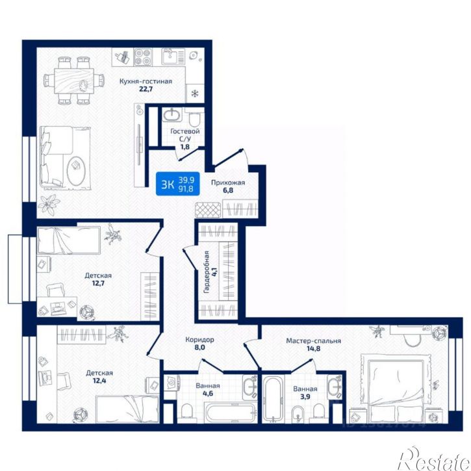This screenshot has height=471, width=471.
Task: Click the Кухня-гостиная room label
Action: [x=146, y=81]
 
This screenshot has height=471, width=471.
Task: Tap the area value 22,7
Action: [x=146, y=89]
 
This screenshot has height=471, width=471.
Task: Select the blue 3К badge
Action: [x=178, y=184]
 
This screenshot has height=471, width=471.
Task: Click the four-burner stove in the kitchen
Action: [x=143, y=57]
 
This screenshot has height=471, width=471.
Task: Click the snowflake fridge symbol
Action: [x=196, y=94]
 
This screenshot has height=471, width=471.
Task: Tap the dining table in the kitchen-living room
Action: [x=74, y=81]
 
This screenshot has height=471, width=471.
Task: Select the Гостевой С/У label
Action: [x=185, y=135]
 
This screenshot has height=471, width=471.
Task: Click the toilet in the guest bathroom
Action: [x=194, y=120]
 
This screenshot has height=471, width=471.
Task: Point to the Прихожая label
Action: [x=228, y=183]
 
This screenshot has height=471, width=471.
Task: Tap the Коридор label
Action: [x=199, y=340]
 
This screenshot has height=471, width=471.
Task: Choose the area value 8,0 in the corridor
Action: [x=199, y=348]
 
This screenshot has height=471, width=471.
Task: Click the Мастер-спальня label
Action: [x=313, y=341]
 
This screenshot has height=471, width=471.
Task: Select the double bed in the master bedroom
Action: [x=396, y=387]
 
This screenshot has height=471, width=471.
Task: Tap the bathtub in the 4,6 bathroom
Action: [x=230, y=413]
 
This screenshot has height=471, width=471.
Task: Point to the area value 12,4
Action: [x=99, y=381]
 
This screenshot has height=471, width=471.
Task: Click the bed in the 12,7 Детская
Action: [x=68, y=240]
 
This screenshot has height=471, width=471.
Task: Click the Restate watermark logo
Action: [x=435, y=459]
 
